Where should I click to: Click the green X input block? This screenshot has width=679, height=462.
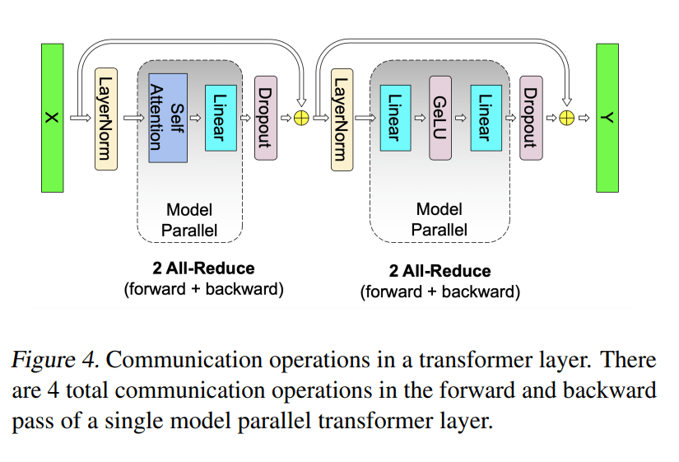[52, 118]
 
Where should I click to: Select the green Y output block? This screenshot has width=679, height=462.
[607, 118]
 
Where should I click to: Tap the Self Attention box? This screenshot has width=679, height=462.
[168, 113]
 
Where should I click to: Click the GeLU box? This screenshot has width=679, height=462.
[439, 117]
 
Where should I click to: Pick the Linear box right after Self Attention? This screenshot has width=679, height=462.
[221, 117]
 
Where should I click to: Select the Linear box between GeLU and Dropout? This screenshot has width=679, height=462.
[486, 117]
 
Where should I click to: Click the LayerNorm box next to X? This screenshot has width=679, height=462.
[106, 118]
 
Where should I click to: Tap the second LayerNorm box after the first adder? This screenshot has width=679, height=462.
[339, 118]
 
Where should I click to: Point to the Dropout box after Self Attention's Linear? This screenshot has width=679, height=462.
[265, 117]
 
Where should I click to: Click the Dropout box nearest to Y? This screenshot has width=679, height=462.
[531, 117]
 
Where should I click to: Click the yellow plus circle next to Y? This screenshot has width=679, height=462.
[567, 118]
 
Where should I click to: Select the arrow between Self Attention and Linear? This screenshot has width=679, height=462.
[196, 118]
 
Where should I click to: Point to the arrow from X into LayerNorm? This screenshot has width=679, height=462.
[80, 118]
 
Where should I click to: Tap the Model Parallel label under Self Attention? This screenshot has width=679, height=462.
[189, 220]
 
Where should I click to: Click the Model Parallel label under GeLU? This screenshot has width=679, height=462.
[439, 220]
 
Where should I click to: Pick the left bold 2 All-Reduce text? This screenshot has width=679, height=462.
[203, 268]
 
